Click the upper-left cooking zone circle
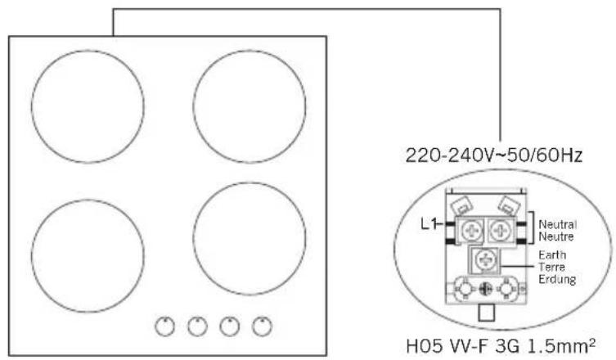click(31, 106)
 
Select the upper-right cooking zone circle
click(193, 106)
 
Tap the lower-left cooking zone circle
click(31, 256)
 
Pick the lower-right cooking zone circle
click(193, 238)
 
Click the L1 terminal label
click(429, 224)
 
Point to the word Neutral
click(557, 224)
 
